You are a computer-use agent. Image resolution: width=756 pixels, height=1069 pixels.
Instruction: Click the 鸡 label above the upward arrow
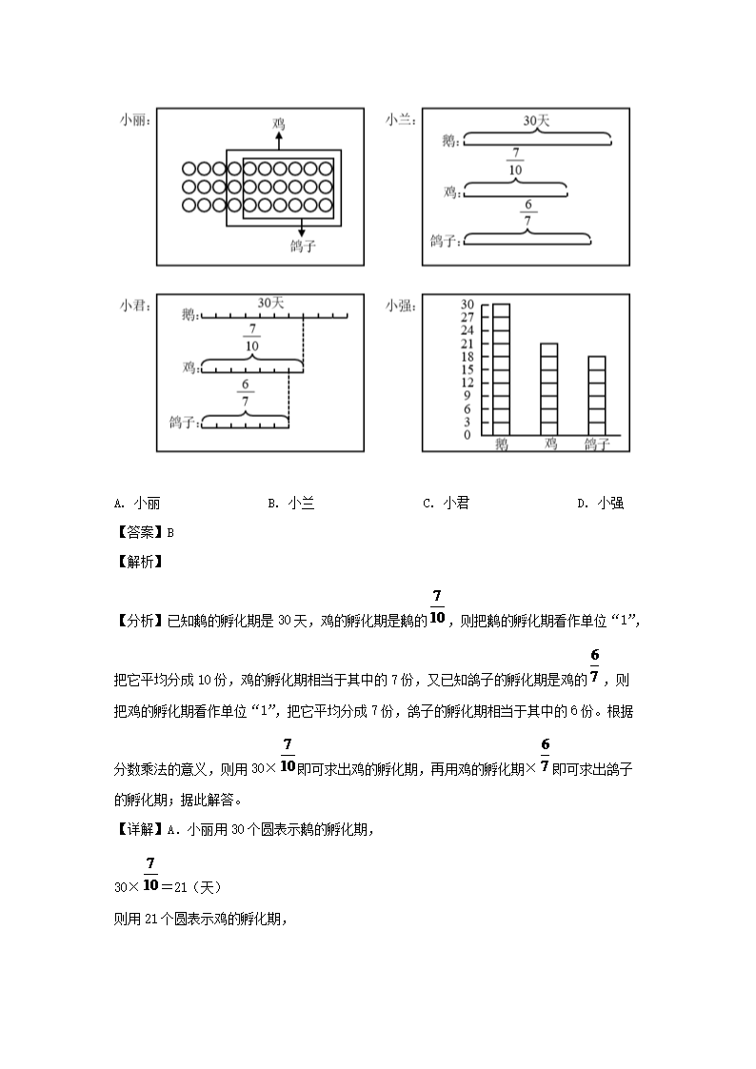point(279,124)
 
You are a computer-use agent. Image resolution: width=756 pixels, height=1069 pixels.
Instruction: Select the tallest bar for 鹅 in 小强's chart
point(500,369)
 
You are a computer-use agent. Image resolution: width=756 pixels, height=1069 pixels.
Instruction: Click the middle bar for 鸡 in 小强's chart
point(549,388)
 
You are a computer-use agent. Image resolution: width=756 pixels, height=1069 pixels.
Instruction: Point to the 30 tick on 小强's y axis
point(468,305)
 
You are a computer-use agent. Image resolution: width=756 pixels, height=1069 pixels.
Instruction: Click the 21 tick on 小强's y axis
point(468,344)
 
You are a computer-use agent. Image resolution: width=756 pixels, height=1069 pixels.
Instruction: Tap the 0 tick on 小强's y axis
point(468,435)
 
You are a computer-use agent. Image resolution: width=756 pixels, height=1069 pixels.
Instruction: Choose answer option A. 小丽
point(142,504)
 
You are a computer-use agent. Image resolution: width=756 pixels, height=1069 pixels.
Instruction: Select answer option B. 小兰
point(291,504)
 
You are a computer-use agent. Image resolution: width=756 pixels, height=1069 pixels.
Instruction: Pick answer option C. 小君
point(447,504)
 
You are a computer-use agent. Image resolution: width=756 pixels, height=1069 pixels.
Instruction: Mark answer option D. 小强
point(601,504)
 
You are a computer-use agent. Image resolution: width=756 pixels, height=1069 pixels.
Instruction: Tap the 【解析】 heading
point(139,561)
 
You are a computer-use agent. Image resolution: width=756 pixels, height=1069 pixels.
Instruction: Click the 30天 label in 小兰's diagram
point(537,121)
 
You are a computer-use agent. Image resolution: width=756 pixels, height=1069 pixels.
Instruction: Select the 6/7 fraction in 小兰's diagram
point(527,212)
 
